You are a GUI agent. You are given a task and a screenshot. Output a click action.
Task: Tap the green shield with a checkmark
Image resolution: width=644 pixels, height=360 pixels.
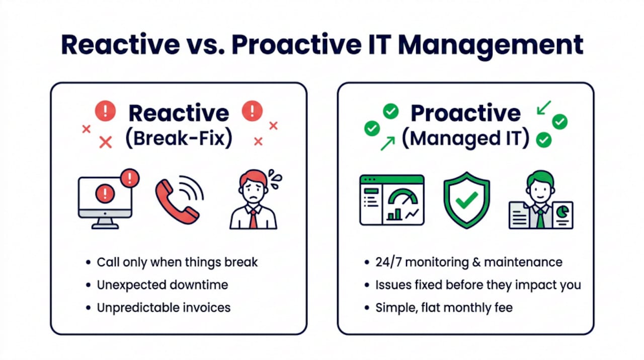pos(466,200)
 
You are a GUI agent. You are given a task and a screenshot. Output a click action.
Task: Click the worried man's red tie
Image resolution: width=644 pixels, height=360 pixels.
pos(253,219)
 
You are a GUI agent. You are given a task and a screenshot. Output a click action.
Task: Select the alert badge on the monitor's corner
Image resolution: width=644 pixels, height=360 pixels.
pos(130,178)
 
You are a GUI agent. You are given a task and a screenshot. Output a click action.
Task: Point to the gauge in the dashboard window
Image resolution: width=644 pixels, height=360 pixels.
pos(403,197)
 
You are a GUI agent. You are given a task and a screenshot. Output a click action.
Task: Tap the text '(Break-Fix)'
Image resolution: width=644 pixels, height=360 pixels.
pos(179,138)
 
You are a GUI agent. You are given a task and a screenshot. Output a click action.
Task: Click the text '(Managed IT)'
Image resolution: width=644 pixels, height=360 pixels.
pos(465,138)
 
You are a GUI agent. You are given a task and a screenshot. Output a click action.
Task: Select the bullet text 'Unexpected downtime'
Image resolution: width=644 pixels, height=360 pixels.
pos(163,285)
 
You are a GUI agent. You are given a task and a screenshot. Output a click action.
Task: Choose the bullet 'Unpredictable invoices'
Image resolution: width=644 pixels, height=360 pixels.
pos(164,308)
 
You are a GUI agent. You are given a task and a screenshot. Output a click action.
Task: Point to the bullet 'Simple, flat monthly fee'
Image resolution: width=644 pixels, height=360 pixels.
pos(444,308)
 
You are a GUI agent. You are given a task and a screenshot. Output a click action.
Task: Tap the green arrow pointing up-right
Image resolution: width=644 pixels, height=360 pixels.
pos(388,143)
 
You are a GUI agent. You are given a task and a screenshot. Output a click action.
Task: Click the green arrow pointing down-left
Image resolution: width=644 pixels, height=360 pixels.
pos(544,108)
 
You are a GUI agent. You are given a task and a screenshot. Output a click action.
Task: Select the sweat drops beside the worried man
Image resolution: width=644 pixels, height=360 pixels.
pos(275,179)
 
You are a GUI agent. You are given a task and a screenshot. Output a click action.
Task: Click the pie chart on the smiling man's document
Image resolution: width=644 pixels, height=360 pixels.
pos(562,212)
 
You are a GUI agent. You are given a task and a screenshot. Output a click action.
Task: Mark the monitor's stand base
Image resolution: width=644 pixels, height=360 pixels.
pos(105,226)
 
